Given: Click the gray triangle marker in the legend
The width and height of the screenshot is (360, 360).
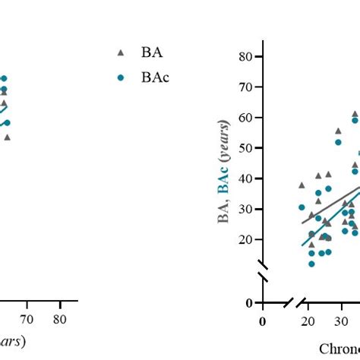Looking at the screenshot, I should point(121,52).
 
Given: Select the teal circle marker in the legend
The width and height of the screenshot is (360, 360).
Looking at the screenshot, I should point(121,77).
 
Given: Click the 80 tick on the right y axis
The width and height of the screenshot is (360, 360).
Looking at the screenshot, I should point(245,56).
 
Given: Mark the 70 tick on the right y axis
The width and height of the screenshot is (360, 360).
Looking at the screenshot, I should point(245,87).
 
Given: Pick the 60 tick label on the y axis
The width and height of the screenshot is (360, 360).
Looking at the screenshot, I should point(245,118).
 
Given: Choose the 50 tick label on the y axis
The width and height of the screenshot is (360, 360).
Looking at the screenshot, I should point(245,148).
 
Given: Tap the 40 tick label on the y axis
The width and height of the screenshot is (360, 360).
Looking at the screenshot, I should point(245,178).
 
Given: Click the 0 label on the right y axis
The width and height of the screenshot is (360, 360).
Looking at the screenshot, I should point(248,303).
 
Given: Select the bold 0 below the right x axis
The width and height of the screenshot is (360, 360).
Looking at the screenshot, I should point(262,321).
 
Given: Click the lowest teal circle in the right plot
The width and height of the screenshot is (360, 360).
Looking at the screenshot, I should point(311,264).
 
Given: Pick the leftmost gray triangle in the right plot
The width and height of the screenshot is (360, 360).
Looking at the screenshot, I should point(302,185).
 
